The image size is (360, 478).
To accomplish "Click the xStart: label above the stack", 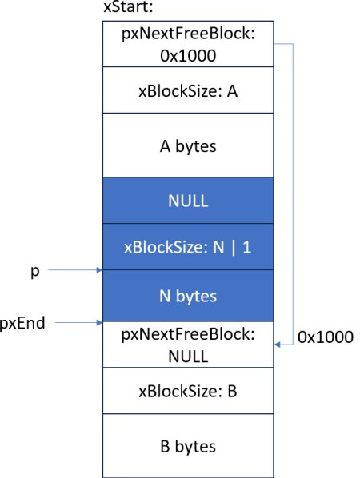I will click(x=133, y=9).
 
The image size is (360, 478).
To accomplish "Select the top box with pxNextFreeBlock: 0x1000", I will click(x=188, y=45).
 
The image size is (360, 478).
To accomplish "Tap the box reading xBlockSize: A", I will click(x=188, y=90).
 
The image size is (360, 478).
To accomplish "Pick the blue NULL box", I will click(x=188, y=200).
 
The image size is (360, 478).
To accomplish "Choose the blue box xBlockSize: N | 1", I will click(x=188, y=247).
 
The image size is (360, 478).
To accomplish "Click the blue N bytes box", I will click(x=188, y=296).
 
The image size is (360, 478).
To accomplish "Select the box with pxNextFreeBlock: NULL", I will click(x=188, y=345).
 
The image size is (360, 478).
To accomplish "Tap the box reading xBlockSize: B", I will click(x=188, y=392).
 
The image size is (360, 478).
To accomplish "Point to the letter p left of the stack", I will click(x=34, y=271).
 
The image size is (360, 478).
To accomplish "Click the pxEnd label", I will click(x=22, y=323).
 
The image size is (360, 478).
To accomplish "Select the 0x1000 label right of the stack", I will click(x=325, y=337).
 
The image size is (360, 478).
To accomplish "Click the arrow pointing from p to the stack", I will click(x=76, y=272).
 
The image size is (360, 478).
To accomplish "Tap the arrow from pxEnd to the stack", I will click(x=76, y=323).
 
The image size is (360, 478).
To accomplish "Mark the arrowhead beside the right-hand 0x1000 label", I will click(x=278, y=344).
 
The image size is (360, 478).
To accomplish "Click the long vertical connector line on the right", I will click(x=294, y=192).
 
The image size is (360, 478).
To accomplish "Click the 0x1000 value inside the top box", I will click(x=188, y=55).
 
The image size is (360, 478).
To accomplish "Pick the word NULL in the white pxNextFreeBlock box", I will click(x=188, y=356).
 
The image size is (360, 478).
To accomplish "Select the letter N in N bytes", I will click(x=164, y=296).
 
